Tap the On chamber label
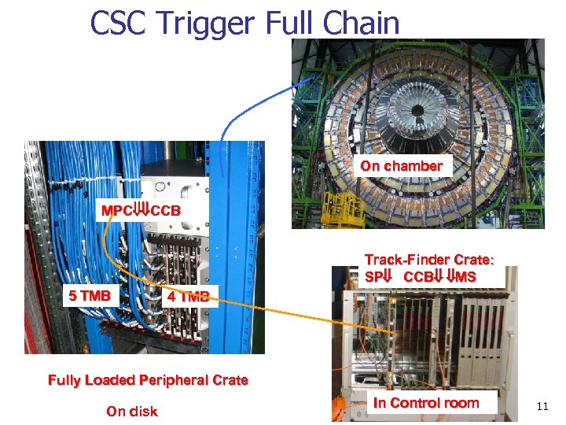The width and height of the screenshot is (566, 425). point(401,166)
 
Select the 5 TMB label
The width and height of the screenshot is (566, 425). point(89,296)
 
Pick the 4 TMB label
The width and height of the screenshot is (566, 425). point(188,297)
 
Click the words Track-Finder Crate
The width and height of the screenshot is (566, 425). point(428,260)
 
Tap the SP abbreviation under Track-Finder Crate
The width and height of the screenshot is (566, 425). point(373,277)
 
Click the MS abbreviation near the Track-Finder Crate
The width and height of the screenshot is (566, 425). point(465,277)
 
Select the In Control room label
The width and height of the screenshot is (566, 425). point(425,403)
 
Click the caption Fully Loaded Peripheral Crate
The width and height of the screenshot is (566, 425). point(148,380)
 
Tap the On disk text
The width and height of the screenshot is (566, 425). point(131,411)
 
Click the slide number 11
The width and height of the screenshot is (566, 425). point(542,406)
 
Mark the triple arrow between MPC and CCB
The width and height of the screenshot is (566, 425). point(141,211)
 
